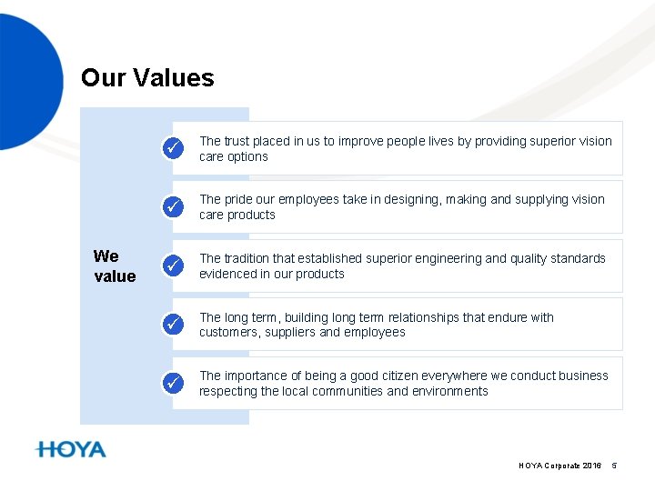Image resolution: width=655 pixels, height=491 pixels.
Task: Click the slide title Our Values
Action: pos(147,78)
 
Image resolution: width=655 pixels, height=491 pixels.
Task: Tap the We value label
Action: pos(115,266)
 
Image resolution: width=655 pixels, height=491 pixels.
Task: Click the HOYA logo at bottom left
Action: pos(71,449)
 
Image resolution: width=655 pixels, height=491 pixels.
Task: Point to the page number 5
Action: pos(614,466)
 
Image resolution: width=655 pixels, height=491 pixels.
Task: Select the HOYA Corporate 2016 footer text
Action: pos(559,466)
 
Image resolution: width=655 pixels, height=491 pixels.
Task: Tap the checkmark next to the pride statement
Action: pos(172,207)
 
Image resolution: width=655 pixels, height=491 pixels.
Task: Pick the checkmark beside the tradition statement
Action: pos(172,266)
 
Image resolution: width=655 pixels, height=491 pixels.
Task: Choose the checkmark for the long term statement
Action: pos(172,324)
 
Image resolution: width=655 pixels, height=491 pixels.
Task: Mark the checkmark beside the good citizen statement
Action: pos(172,383)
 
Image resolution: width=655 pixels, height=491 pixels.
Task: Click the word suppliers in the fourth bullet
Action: pos(292,333)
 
